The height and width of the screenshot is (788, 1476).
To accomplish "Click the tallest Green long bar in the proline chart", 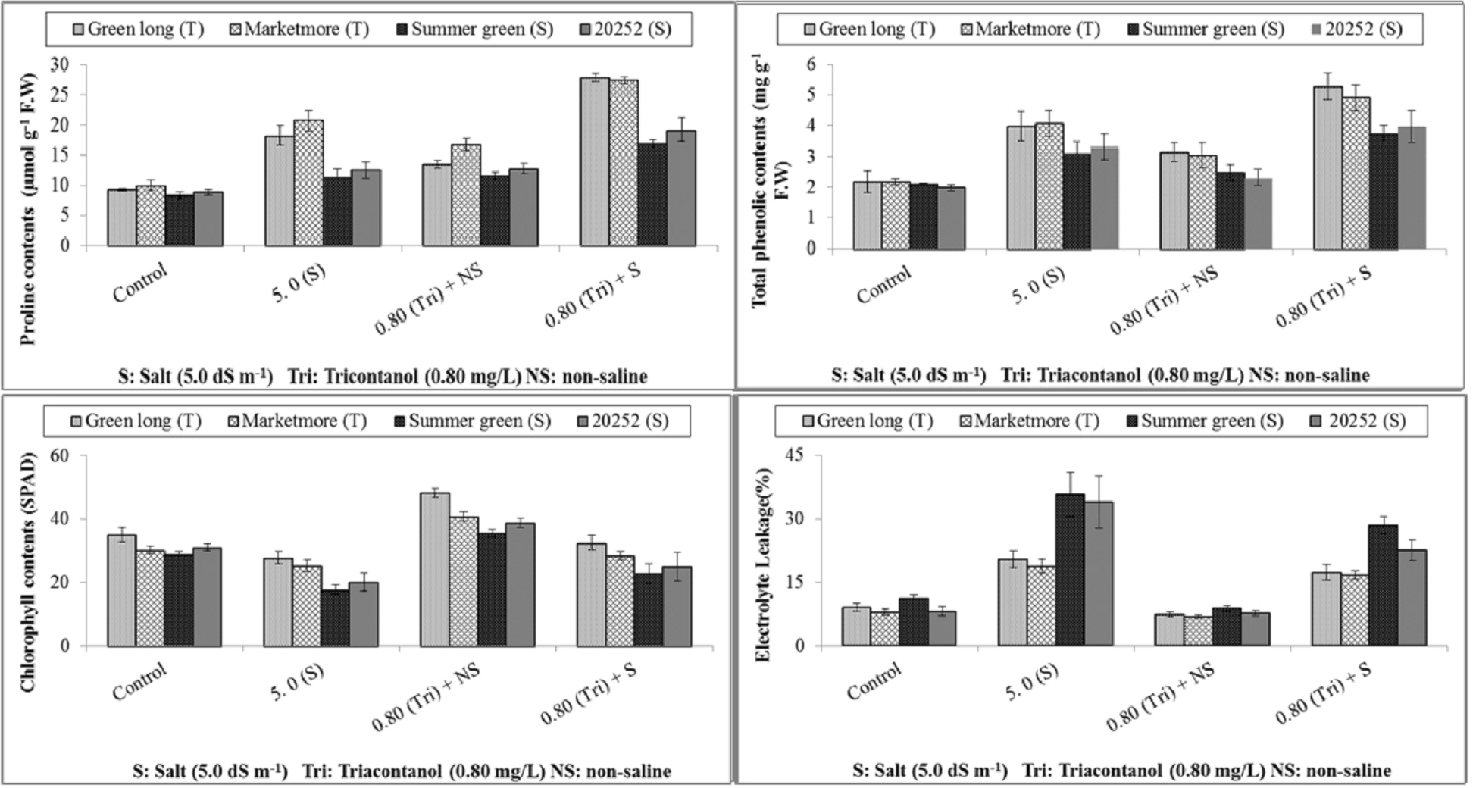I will pyautogui.click(x=594, y=162).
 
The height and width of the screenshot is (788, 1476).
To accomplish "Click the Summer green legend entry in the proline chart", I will pyautogui.click(x=474, y=30).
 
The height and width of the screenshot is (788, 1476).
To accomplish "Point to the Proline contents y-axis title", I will pyautogui.click(x=28, y=209).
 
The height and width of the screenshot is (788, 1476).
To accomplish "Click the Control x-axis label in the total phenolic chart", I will pyautogui.click(x=883, y=286).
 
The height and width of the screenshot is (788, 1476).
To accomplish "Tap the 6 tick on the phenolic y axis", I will pyautogui.click(x=811, y=64).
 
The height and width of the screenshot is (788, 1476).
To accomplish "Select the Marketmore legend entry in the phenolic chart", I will pyautogui.click(x=1030, y=30).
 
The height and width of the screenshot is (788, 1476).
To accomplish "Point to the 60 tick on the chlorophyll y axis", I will pyautogui.click(x=59, y=455).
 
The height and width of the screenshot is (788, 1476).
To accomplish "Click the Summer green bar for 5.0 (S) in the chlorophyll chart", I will pyautogui.click(x=335, y=618).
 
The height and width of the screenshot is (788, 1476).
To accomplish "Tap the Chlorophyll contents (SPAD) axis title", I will pyautogui.click(x=28, y=573).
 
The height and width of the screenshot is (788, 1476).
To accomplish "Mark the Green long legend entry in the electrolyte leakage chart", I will pyautogui.click(x=867, y=421).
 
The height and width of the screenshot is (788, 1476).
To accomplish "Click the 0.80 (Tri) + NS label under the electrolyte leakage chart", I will pyautogui.click(x=1161, y=696).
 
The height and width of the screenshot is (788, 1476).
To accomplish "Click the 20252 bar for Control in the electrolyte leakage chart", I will pyautogui.click(x=943, y=629).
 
